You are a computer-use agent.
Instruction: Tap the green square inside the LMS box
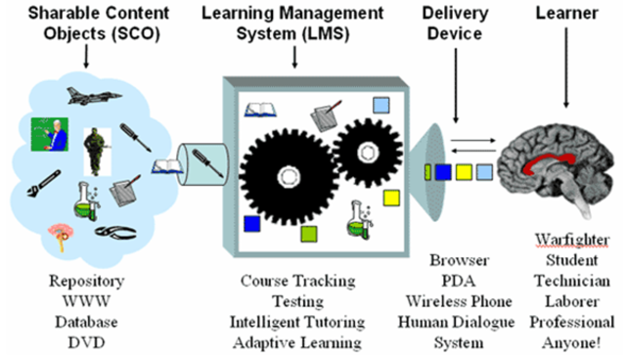click(x=309, y=234)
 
